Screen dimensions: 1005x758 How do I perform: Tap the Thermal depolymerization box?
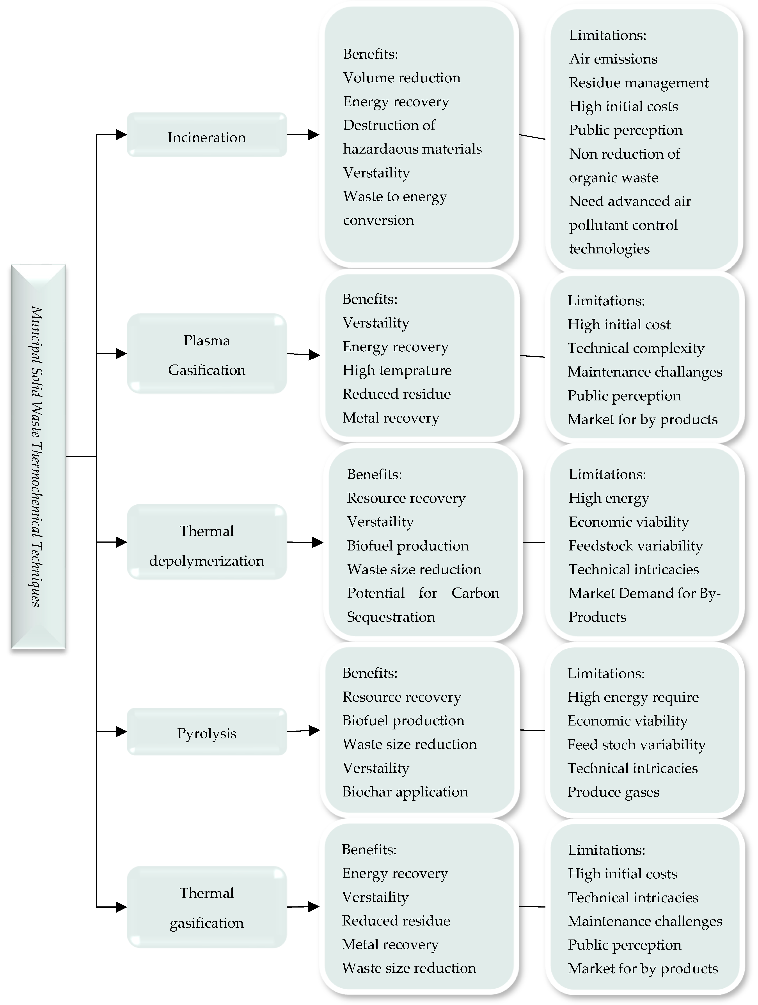207,542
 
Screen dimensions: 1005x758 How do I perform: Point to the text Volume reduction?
402,78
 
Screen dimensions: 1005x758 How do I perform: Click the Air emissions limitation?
613,59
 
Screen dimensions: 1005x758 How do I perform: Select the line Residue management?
639,83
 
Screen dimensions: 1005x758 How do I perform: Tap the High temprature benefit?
397,370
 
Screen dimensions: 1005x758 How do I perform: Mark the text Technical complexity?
636,348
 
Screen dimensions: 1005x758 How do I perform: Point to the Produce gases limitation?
613,792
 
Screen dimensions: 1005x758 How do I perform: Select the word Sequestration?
391,617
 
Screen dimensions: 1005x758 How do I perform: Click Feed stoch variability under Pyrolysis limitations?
636,744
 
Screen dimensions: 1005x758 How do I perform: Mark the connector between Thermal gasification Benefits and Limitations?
532,907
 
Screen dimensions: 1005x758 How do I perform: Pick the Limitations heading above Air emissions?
608,35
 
